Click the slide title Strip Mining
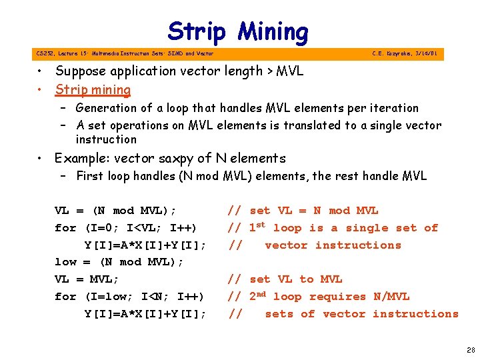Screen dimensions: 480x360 coord(238,31)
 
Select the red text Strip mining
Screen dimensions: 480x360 coord(93,89)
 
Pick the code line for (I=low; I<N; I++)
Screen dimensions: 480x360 coord(129,297)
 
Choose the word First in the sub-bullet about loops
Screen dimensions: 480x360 coord(89,177)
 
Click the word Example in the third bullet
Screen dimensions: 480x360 coord(80,159)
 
